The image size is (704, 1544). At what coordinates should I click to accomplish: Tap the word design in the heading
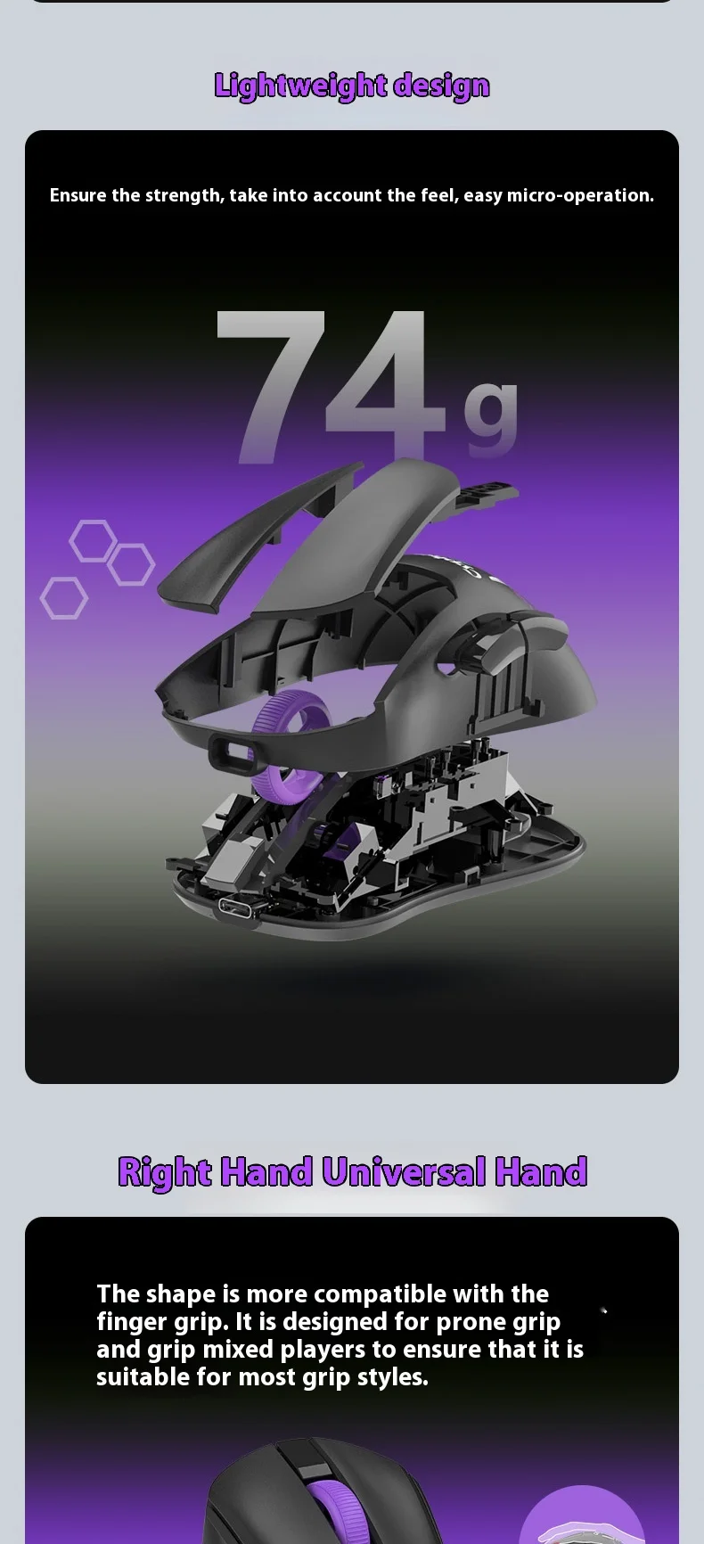442,86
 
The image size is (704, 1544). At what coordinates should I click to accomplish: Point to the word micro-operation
580,195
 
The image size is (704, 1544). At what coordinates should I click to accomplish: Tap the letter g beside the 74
490,415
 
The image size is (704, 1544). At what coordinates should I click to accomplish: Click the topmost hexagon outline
94,540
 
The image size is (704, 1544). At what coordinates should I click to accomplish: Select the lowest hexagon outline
64,598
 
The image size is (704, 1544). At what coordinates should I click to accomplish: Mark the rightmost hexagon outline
131,564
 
